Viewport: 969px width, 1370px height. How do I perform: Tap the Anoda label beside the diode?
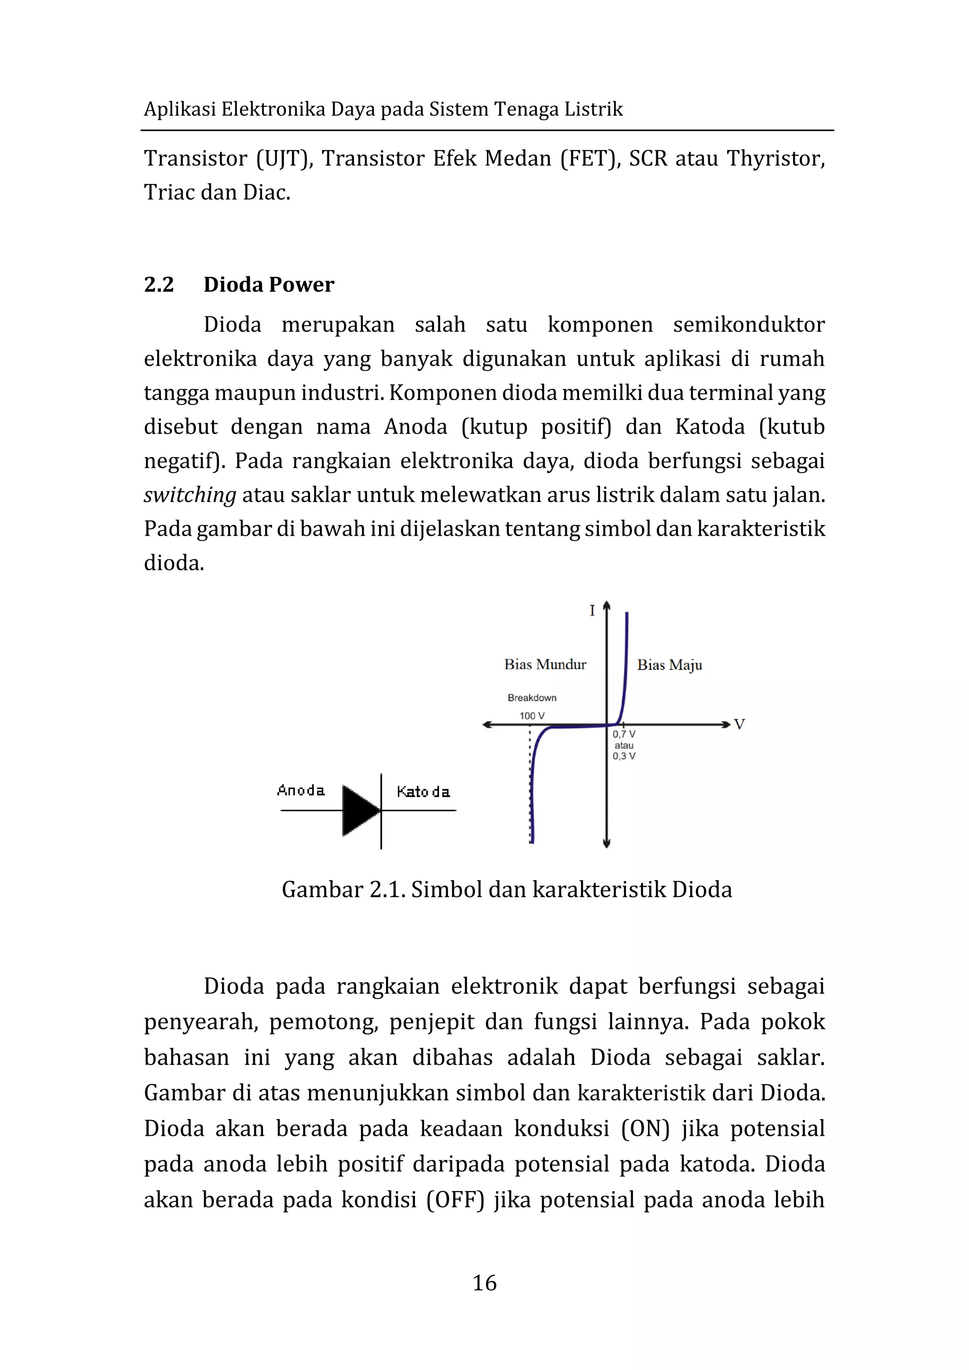click(301, 791)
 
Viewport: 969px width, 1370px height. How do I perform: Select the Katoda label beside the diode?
click(423, 792)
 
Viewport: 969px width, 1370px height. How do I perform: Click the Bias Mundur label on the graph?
click(545, 664)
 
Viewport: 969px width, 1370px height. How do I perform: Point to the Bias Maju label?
click(669, 665)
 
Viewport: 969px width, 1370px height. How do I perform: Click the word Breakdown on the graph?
click(532, 698)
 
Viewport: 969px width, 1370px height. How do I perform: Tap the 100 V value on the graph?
click(532, 716)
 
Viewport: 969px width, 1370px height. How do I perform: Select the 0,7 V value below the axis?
click(624, 734)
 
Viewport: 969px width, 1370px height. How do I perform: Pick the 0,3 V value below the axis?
click(624, 756)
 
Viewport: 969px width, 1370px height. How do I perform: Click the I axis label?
click(592, 610)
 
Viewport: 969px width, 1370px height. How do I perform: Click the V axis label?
click(739, 725)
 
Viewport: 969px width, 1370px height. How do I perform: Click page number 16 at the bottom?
click(484, 1282)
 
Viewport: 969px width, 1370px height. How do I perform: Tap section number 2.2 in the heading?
click(159, 284)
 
